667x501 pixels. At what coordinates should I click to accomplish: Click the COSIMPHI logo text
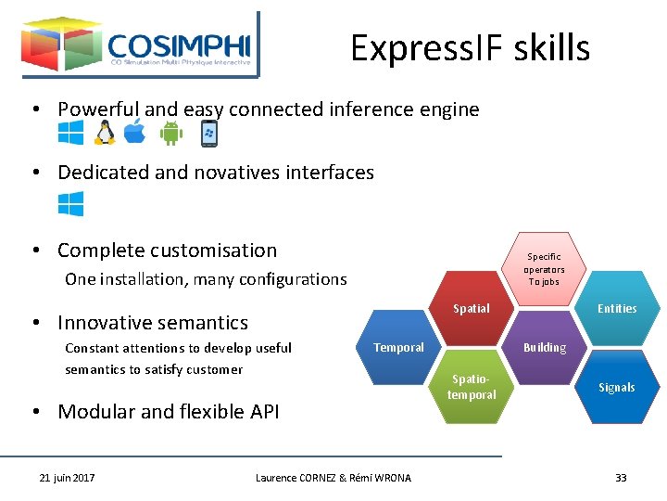[179, 46]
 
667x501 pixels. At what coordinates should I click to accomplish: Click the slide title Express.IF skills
[470, 48]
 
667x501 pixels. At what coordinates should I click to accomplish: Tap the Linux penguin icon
[105, 134]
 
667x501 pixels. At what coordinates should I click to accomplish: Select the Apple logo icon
[135, 133]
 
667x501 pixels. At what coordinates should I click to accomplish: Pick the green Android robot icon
[171, 134]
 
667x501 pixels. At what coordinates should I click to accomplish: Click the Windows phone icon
[209, 134]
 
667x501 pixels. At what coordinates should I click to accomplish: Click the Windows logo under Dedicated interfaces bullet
[70, 204]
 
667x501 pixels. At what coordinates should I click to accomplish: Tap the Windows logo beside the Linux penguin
[70, 133]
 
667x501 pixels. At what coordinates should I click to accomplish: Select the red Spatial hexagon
[472, 309]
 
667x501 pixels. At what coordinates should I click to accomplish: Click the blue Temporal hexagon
[398, 348]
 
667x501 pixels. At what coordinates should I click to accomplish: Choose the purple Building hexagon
[544, 348]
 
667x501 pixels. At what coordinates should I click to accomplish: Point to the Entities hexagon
[617, 309]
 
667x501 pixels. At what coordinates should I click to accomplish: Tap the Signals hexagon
[617, 387]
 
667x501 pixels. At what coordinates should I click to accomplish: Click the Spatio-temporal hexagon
[472, 387]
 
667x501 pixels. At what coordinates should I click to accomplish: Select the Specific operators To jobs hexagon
[544, 269]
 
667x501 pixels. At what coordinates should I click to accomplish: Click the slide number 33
[621, 478]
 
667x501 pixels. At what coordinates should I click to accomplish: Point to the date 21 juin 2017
[67, 478]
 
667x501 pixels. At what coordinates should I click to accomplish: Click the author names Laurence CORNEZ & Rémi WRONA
[333, 478]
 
